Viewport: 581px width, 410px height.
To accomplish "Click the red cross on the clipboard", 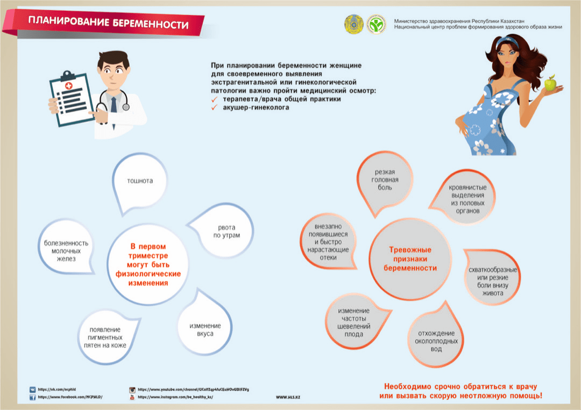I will (69, 86).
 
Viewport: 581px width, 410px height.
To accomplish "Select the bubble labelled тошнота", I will (140, 182).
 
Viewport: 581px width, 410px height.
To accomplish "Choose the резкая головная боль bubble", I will (385, 179).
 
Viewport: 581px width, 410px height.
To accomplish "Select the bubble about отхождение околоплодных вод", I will (436, 340).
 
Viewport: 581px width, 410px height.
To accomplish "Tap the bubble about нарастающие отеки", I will (328, 242).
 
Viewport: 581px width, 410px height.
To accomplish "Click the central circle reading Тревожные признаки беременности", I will (410, 258).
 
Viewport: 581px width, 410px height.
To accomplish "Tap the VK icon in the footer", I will (33, 389).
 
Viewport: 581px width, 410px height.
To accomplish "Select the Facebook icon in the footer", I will (33, 397).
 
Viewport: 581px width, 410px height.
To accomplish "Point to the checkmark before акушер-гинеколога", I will (214, 107).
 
